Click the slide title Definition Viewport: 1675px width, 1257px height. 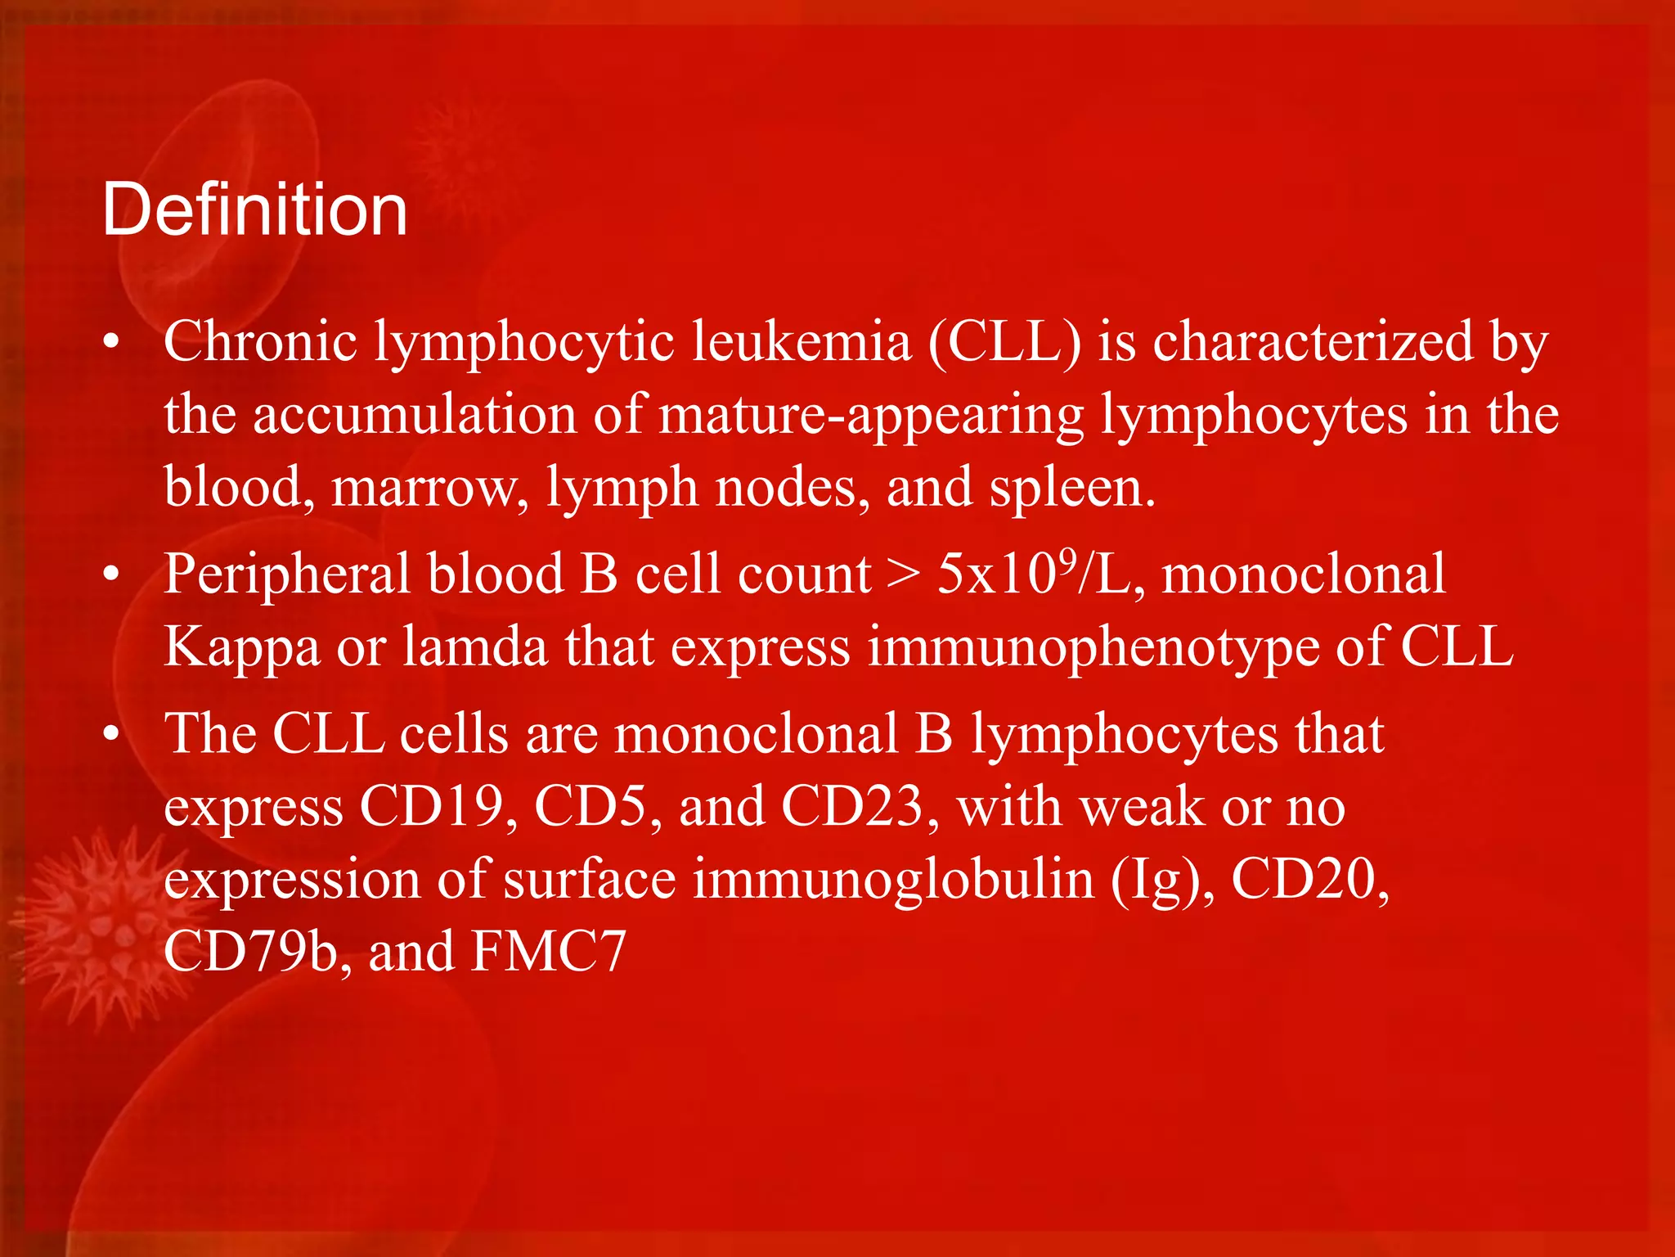[x=254, y=210]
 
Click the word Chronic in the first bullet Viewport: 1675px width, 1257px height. [x=260, y=341]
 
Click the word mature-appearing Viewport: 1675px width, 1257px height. [x=870, y=415]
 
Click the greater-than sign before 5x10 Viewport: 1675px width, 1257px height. [x=903, y=574]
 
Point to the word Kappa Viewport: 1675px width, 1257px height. [x=242, y=647]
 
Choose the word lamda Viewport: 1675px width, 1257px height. [x=474, y=647]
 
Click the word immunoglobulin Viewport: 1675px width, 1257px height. [x=893, y=880]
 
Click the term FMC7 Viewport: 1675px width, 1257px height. [x=549, y=952]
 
